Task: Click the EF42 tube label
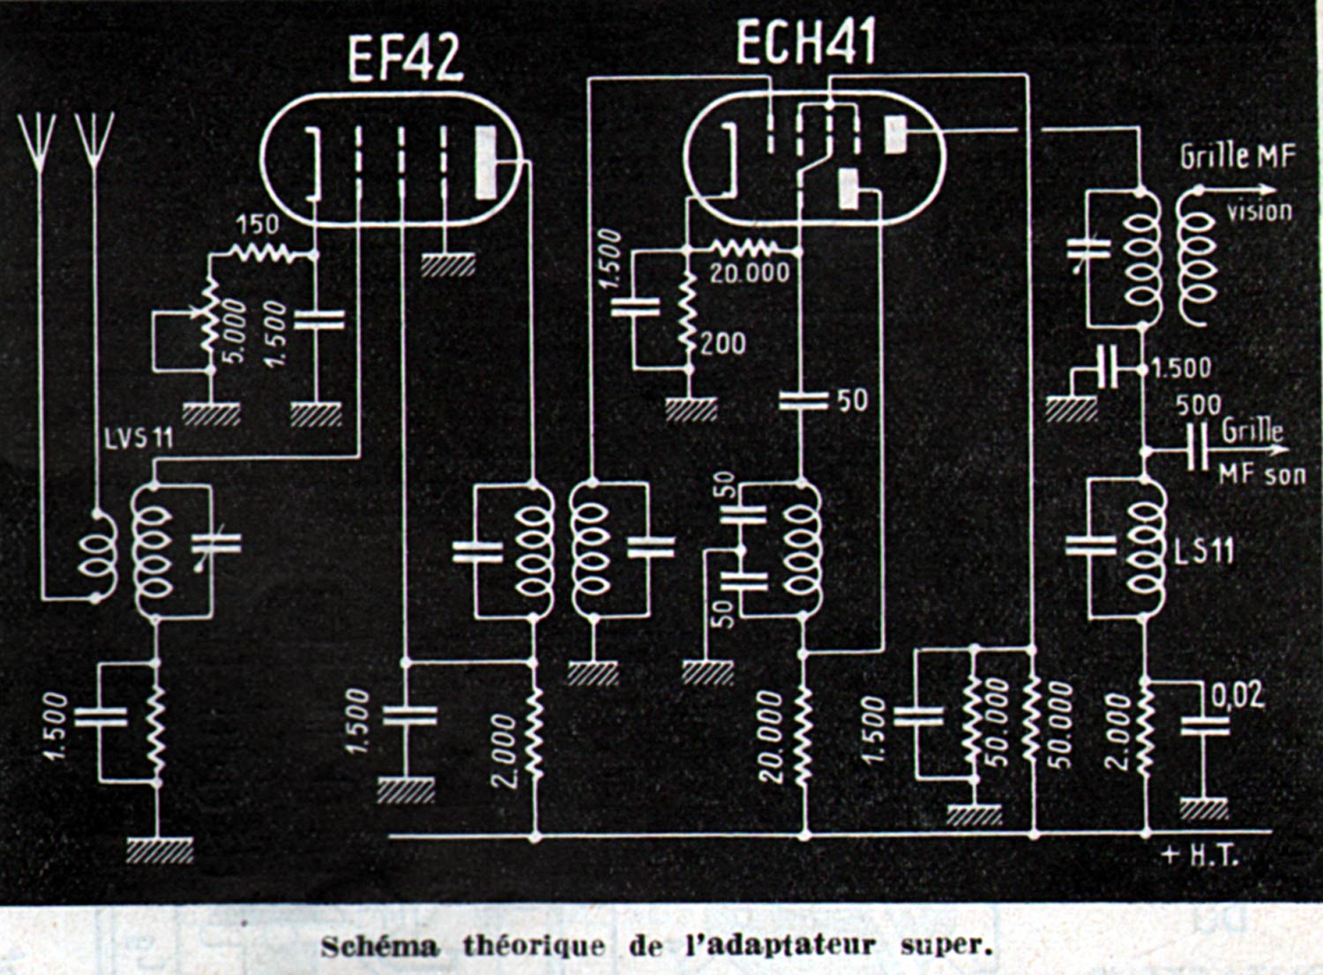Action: coord(405,58)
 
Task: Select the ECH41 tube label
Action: coord(806,44)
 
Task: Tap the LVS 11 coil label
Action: coord(138,438)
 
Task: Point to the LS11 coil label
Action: coord(1204,551)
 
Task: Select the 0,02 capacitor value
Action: coord(1237,695)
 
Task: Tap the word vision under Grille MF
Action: coord(1259,211)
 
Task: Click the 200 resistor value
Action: coord(723,342)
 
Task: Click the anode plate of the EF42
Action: coord(486,162)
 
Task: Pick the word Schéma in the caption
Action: coord(378,947)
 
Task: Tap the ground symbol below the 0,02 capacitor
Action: coord(1203,807)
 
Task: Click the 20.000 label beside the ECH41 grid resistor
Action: coord(750,273)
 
